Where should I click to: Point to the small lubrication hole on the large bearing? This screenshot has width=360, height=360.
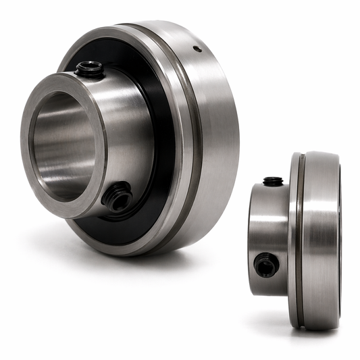click(196, 49)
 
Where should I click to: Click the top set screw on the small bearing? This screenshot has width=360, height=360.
click(273, 181)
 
